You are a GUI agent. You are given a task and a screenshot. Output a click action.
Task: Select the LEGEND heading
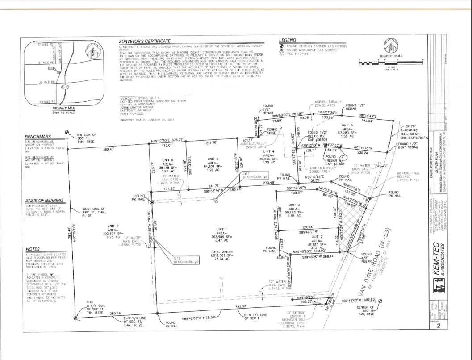point(287,40)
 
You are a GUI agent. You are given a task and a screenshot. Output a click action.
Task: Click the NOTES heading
point(33,249)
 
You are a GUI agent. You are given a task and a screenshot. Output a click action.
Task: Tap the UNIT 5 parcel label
point(213,159)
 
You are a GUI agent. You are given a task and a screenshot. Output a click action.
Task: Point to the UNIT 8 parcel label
point(348,125)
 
